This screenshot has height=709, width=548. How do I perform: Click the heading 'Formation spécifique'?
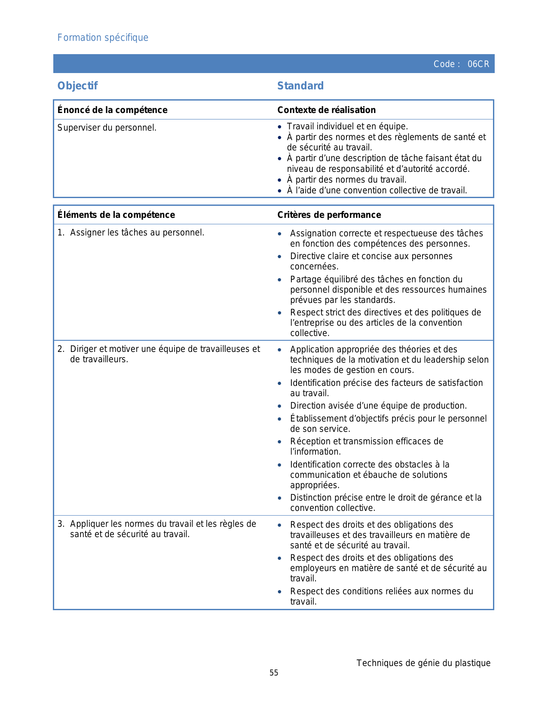click(103, 38)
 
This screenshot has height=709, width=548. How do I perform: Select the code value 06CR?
click(478, 64)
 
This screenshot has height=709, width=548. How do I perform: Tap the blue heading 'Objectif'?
click(77, 86)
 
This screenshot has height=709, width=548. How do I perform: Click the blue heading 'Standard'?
click(300, 86)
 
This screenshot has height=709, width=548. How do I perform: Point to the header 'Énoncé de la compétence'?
click(112, 110)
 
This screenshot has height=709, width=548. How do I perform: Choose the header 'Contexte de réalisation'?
click(326, 110)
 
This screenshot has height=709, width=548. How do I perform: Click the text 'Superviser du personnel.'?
click(107, 128)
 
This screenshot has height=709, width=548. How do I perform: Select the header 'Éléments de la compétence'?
click(116, 215)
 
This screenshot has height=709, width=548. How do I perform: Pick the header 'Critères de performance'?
click(329, 215)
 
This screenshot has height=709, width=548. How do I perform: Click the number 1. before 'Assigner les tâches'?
click(61, 232)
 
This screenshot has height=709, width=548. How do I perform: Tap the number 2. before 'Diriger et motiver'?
click(61, 349)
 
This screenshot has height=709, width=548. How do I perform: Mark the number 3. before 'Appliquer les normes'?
click(61, 524)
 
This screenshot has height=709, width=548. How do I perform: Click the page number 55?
click(274, 673)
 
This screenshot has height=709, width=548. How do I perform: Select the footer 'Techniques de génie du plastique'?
click(423, 663)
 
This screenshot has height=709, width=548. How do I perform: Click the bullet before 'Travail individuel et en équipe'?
click(279, 127)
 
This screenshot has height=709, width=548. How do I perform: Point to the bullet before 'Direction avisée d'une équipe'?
click(280, 406)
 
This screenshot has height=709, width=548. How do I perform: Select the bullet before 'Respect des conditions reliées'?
click(280, 592)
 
